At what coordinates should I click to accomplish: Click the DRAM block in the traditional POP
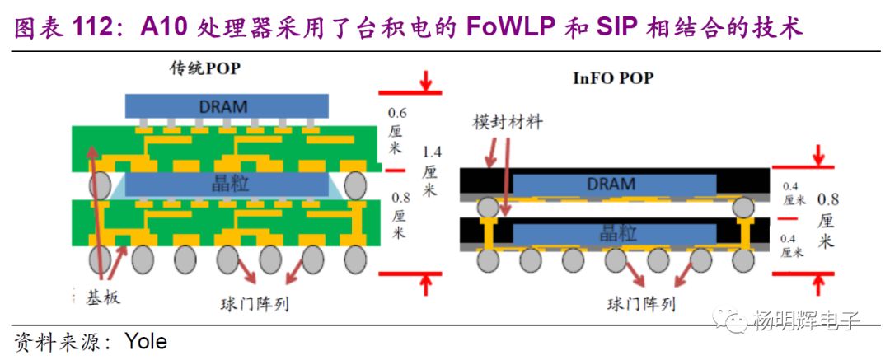[227, 106]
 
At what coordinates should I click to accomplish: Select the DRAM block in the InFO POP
[611, 185]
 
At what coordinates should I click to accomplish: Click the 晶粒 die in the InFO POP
[611, 234]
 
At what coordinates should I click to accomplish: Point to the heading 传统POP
[200, 68]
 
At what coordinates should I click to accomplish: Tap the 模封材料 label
[508, 121]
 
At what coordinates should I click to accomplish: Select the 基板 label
[103, 297]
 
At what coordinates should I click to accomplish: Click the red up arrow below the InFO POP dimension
[817, 283]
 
